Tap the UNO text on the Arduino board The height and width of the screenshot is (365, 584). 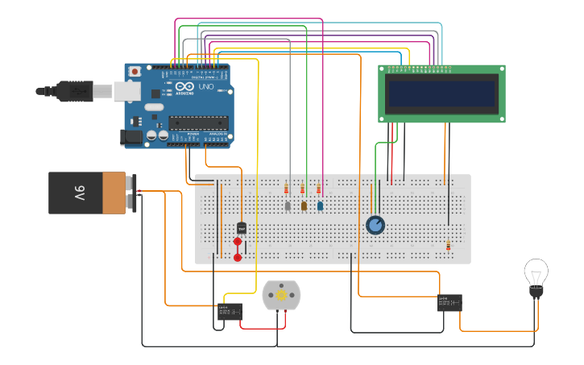(x=205, y=86)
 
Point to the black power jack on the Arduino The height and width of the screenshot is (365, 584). (x=130, y=138)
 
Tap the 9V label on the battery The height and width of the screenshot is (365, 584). (x=80, y=193)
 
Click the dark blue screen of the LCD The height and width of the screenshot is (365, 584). (x=441, y=93)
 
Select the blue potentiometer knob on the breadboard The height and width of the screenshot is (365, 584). (x=375, y=225)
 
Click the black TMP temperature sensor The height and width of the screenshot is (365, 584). (x=241, y=228)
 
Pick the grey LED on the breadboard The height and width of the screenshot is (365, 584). (x=288, y=206)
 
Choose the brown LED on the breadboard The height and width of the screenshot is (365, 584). (x=304, y=206)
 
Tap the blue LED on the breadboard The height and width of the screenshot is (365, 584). (x=320, y=206)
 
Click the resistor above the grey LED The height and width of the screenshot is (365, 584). (x=286, y=189)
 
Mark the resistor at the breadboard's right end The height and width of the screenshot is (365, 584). (x=449, y=245)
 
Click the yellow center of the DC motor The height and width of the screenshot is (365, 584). (x=281, y=296)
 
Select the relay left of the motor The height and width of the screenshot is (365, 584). (x=230, y=311)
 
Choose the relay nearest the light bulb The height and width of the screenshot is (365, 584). (x=449, y=303)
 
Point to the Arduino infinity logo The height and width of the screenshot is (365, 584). (x=184, y=87)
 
